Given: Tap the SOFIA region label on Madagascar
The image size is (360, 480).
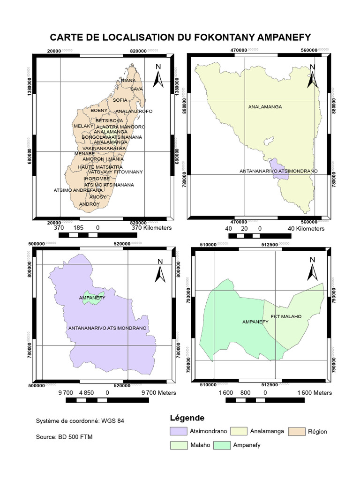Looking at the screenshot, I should point(120,100).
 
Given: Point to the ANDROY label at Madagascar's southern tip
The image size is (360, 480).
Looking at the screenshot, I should point(89,204).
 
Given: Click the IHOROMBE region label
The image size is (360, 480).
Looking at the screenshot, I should point(97,179).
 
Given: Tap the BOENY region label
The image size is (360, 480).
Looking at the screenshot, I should point(99,110).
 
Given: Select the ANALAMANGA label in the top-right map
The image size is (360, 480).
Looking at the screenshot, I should point(265,107).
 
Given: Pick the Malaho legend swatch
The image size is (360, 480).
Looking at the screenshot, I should point(178,445).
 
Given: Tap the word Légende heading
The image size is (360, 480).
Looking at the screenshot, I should point(187,418).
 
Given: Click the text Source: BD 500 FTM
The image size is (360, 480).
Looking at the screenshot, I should point(64,437).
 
